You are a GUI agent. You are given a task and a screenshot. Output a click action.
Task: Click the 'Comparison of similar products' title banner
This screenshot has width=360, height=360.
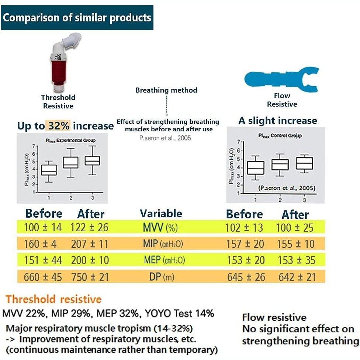[77, 18]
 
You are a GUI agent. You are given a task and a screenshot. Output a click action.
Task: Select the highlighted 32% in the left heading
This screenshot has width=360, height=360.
[58, 126]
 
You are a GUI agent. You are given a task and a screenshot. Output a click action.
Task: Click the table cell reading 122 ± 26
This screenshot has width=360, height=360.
[90, 227]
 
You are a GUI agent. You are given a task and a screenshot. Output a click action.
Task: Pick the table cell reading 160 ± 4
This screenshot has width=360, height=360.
[43, 244]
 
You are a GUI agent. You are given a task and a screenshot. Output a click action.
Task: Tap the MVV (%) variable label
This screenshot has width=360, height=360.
[161, 227]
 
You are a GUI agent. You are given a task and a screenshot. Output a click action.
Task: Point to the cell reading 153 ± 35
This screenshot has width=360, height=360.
[296, 260]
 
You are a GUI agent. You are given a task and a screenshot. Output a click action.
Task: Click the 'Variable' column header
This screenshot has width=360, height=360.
[161, 214]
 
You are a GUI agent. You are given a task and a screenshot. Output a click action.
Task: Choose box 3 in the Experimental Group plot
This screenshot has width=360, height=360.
[93, 160]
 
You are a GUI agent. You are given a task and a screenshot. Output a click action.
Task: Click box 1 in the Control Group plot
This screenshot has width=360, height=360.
[255, 167]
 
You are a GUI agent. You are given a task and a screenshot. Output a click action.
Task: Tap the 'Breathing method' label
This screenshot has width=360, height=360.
[166, 90]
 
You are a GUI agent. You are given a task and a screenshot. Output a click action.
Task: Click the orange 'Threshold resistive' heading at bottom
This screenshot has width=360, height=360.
[53, 299]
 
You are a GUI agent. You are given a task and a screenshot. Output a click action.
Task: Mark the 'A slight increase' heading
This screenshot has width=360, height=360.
[278, 121]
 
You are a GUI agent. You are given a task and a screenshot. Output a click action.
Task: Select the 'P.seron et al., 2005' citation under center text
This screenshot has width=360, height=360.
[165, 138]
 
